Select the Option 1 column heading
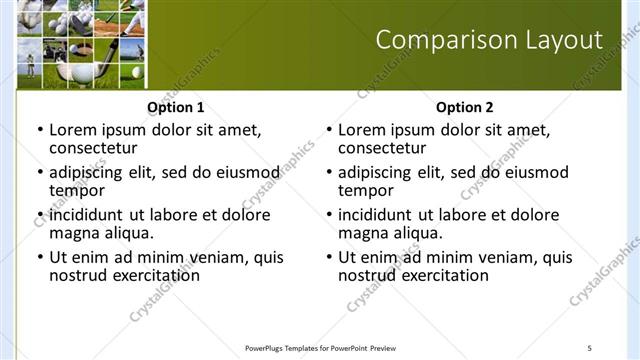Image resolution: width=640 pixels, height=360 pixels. pos(176,107)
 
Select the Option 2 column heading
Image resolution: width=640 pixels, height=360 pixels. pos(464,107)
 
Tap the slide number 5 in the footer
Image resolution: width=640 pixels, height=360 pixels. pos(589,348)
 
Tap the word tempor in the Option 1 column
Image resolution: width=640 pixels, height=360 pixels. pos(76,190)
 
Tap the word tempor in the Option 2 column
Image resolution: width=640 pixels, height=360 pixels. pos(365,190)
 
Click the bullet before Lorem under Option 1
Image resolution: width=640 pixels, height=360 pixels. pos(39,130)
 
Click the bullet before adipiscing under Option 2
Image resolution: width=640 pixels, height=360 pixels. pos(328,173)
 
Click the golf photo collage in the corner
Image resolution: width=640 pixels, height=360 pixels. pos(80,44)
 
